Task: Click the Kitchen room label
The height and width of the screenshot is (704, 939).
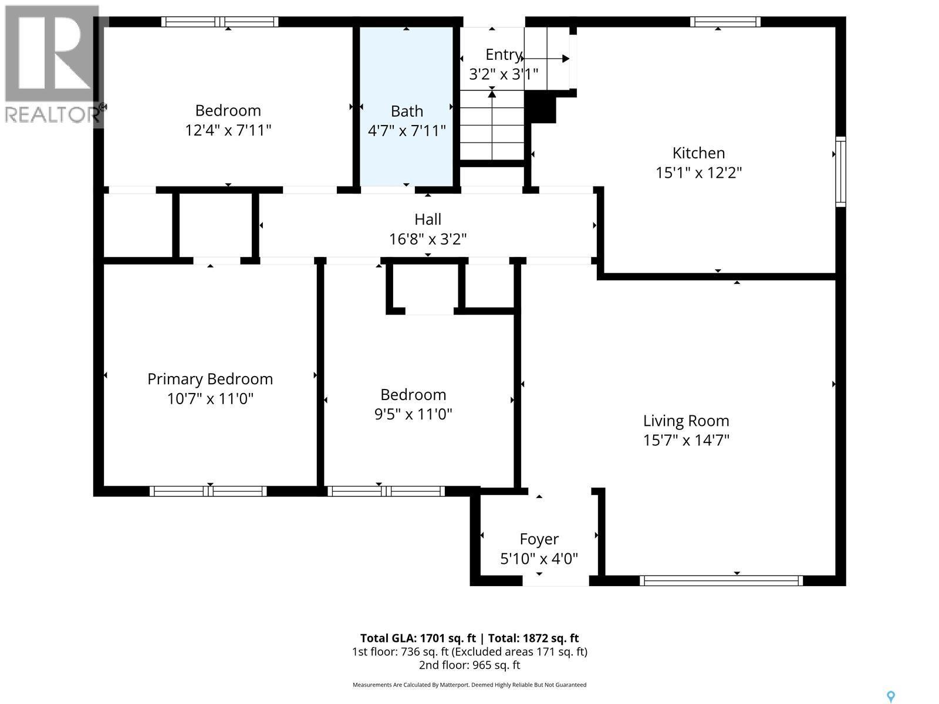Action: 698,153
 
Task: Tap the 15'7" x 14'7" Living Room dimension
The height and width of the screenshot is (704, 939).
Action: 686,440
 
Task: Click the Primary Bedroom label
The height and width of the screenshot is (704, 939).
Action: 210,379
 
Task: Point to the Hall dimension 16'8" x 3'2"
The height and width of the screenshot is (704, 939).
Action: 428,239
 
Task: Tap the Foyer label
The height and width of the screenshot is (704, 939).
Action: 539,539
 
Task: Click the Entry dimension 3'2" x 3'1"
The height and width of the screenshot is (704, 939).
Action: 504,75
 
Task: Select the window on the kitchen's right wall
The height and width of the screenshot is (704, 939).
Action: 840,171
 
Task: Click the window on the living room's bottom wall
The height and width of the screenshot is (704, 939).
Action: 721,581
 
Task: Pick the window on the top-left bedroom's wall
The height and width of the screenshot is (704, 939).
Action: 219,22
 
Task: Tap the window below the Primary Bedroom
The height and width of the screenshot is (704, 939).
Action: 208,491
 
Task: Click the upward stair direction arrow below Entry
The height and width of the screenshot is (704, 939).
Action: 492,94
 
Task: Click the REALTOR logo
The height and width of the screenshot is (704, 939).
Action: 52,65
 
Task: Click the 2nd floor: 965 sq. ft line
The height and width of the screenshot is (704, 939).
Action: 469,665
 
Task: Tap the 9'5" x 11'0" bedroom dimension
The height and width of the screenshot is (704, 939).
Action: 413,415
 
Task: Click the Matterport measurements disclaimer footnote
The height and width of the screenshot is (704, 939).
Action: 469,685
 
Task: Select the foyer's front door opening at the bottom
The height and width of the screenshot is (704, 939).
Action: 555,581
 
